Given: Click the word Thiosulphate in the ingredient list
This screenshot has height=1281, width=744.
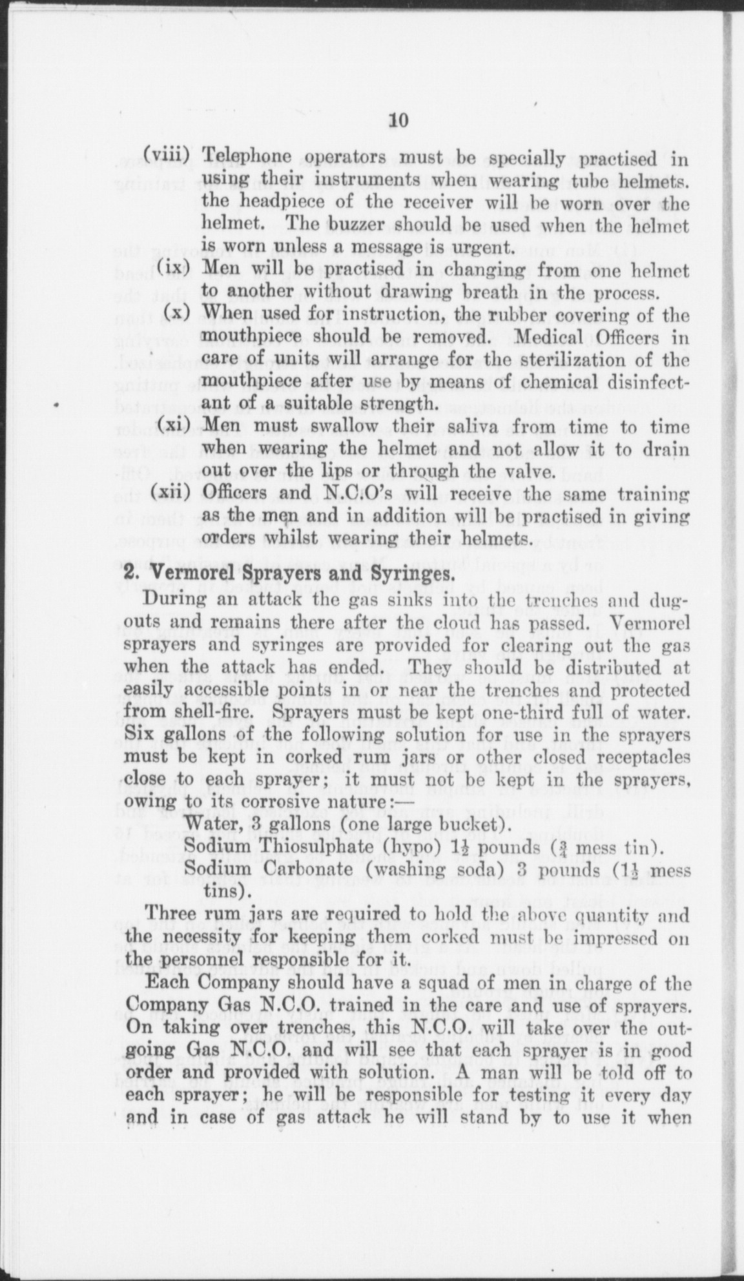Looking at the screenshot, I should (306, 846).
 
